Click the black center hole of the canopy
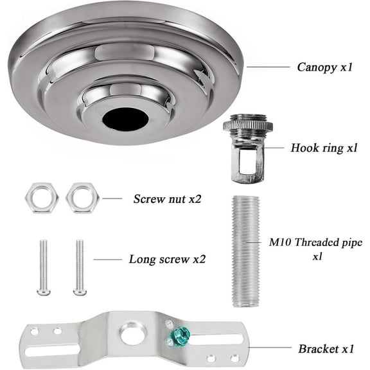(x=122, y=118)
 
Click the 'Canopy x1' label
(x=324, y=66)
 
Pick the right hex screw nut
(x=82, y=198)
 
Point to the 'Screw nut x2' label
(x=168, y=198)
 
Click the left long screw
(x=44, y=267)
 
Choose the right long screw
(x=80, y=267)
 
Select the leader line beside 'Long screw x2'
(x=107, y=260)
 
